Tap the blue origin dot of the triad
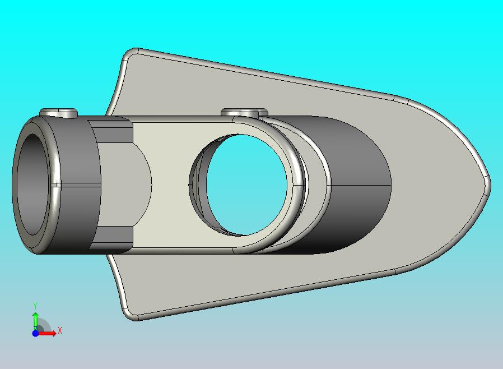tap(35, 333)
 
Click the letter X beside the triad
tap(60, 330)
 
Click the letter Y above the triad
tap(35, 306)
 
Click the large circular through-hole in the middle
tap(246, 184)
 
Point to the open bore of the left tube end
tap(32, 184)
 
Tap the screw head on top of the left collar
tap(59, 113)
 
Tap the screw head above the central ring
tap(244, 112)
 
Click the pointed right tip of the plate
tap(490, 186)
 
